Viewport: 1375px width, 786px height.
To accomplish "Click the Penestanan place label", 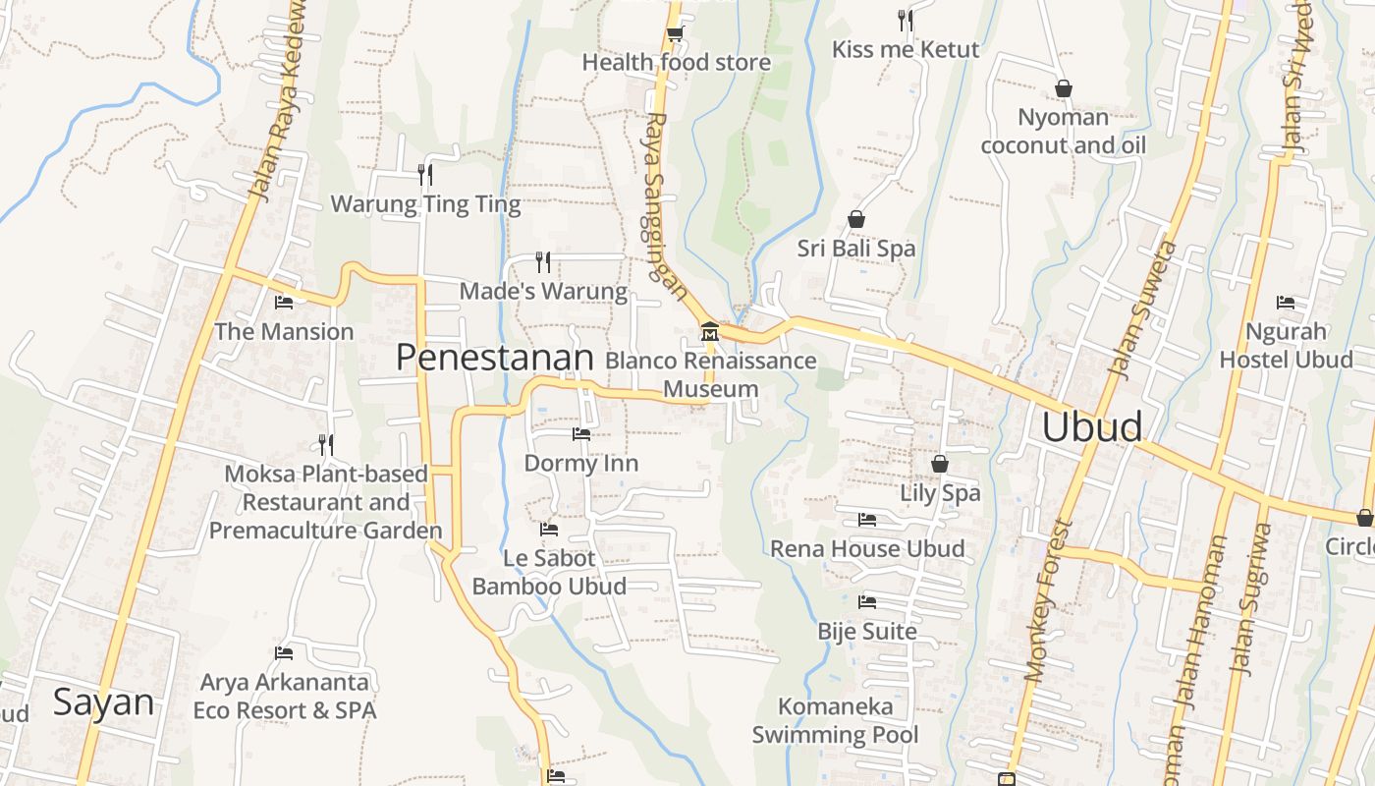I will tap(495, 358).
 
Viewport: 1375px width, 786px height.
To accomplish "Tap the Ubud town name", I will tap(1092, 427).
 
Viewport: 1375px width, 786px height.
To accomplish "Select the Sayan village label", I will tap(103, 702).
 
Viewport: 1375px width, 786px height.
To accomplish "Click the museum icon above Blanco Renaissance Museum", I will tap(709, 332).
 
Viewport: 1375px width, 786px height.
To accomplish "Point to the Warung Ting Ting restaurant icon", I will tap(425, 175).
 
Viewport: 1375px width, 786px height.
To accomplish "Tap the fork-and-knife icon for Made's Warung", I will tap(542, 261).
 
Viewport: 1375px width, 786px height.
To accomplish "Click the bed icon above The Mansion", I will tap(284, 303).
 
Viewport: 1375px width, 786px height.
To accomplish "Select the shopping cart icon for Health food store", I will tap(675, 34).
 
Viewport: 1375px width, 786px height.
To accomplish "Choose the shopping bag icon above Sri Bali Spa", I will tap(856, 219).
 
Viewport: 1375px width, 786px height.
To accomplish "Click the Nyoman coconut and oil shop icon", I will tap(1063, 88).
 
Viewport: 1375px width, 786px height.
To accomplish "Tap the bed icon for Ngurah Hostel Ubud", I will tap(1285, 303).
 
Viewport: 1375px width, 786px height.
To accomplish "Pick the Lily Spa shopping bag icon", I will tap(940, 464).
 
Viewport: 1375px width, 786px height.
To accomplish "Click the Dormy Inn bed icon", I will tap(581, 434).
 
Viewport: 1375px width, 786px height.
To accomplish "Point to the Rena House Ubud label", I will tap(867, 548).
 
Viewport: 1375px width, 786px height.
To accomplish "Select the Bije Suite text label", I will tap(867, 632).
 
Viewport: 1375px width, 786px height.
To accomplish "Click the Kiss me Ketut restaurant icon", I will tap(906, 20).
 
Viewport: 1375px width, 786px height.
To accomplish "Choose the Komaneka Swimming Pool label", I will tap(836, 720).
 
